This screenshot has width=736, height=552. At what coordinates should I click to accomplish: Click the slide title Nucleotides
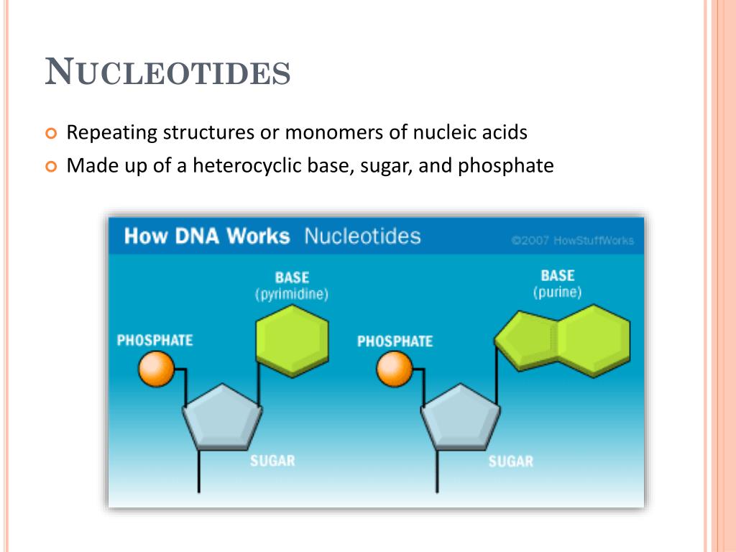click(167, 73)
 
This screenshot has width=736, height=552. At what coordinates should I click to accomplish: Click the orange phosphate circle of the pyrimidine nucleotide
click(157, 369)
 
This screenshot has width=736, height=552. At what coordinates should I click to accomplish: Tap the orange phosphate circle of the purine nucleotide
click(395, 369)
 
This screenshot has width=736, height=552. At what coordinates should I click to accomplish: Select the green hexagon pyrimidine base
click(293, 339)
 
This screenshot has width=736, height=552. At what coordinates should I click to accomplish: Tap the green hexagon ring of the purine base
click(594, 339)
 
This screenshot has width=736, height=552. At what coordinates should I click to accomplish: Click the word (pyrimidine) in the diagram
click(291, 295)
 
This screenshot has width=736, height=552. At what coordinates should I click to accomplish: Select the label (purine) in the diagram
click(557, 293)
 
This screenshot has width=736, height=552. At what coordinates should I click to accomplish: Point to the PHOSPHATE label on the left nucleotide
click(155, 340)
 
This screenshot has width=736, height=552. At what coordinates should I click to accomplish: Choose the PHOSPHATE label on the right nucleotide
click(395, 341)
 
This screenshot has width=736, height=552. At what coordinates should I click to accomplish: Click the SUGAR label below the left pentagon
click(272, 461)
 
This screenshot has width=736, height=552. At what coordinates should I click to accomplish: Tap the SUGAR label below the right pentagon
click(511, 461)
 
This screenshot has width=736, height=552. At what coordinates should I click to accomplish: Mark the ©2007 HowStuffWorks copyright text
click(572, 241)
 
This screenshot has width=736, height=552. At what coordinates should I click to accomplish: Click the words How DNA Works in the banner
click(207, 236)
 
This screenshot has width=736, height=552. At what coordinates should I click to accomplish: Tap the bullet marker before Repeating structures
click(50, 134)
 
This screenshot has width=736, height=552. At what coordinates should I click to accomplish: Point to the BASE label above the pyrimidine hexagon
click(292, 277)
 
